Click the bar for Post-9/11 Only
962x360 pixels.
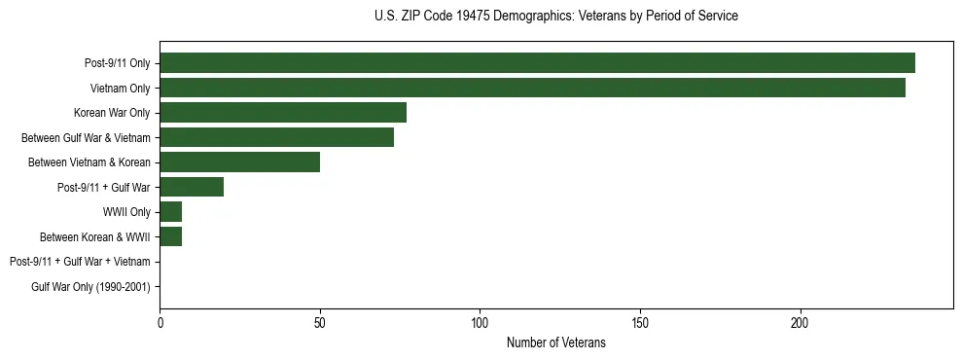click(537, 63)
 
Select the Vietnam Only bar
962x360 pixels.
click(532, 88)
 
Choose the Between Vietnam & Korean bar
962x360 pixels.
click(239, 162)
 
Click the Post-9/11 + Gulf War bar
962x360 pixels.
click(192, 187)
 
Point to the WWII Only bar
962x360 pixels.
click(170, 211)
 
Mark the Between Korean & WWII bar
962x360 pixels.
click(170, 236)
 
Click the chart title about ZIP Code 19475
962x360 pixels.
click(555, 17)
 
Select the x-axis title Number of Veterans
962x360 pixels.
click(555, 342)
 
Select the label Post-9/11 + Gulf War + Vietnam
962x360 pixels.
click(80, 262)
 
